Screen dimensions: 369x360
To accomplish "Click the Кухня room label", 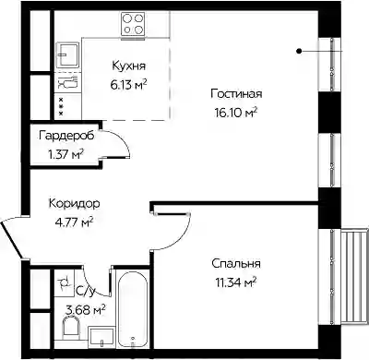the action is point(128,66).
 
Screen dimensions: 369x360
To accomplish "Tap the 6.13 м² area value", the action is point(128,85).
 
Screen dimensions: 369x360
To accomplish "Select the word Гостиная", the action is point(236,94).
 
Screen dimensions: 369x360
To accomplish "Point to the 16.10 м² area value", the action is point(236,113).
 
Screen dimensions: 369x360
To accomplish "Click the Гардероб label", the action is point(66,136).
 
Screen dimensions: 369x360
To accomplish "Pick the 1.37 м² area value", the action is point(66,154).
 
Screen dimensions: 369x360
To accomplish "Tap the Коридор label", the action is point(74,204).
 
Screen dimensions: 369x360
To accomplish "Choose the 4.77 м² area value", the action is point(74,222).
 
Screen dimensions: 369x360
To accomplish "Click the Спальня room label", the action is point(236,264).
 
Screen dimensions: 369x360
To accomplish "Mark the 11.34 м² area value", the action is point(236,282).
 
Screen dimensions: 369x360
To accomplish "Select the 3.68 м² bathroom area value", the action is point(86,309).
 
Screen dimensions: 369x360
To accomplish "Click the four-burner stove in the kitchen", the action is point(133,24).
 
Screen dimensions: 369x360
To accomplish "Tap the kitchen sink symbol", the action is point(67,54).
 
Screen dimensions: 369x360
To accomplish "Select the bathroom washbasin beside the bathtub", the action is point(101,337).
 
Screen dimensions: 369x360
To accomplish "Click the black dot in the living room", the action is point(299,52).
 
